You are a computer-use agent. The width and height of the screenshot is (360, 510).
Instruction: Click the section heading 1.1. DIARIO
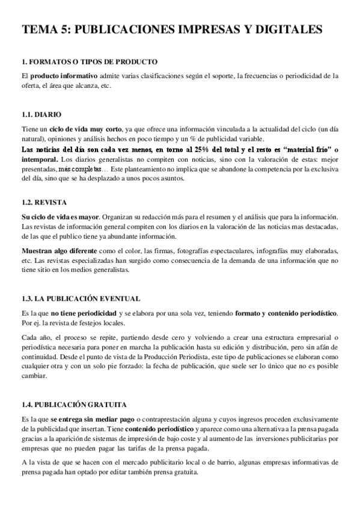pos(41,114)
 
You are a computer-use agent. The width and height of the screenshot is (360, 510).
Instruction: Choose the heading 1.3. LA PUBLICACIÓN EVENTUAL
pos(81,298)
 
